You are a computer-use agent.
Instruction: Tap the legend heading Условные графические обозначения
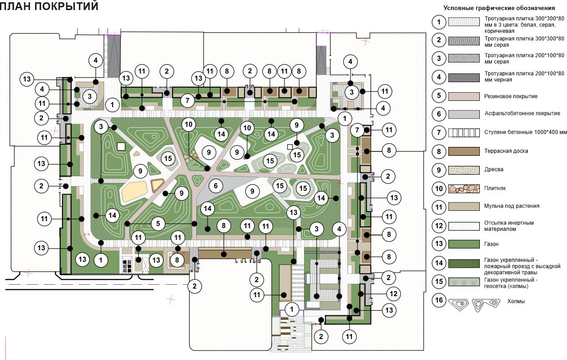pyautogui.click(x=499, y=8)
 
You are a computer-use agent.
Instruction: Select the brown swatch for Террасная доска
pyautogui.click(x=464, y=151)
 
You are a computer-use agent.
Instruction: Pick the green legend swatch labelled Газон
pyautogui.click(x=464, y=244)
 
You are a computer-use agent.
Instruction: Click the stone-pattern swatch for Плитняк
pyautogui.click(x=464, y=189)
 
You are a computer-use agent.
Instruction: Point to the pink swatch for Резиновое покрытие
pyautogui.click(x=464, y=96)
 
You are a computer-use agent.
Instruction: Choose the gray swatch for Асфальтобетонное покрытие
pyautogui.click(x=464, y=114)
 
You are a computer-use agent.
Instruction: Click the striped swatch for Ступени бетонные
pyautogui.click(x=464, y=133)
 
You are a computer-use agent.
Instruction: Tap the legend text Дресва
pyautogui.click(x=493, y=169)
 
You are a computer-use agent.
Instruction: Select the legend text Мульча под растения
pyautogui.click(x=512, y=206)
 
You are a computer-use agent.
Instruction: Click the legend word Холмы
pyautogui.click(x=516, y=301)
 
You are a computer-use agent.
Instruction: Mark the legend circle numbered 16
pyautogui.click(x=439, y=300)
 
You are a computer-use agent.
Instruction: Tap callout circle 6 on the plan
pyautogui.click(x=215, y=186)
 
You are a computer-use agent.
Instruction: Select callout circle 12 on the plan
pyautogui.click(x=394, y=294)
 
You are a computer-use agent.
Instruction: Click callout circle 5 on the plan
pyautogui.click(x=158, y=224)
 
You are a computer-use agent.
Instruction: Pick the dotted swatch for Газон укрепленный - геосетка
pyautogui.click(x=464, y=282)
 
